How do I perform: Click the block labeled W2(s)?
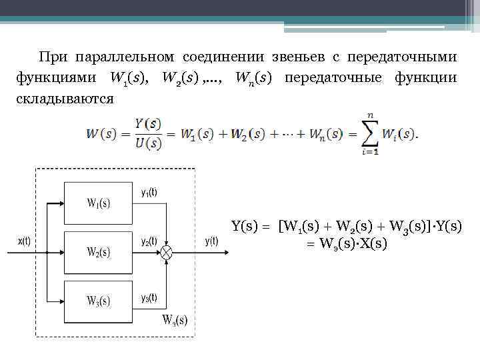99,252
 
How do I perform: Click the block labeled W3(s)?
99,301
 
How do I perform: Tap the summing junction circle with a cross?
166,252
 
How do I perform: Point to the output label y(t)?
211,242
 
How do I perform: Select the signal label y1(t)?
149,192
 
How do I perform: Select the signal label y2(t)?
149,241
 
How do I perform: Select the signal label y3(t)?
149,297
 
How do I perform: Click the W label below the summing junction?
175,319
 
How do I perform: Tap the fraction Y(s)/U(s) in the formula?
147,133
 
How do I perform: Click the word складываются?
64,98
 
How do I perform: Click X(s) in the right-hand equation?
371,243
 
